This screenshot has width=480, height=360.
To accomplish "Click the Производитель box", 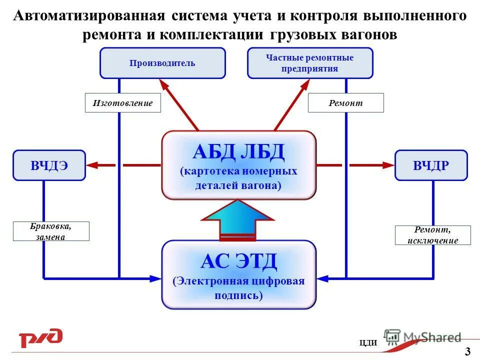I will tap(162, 63).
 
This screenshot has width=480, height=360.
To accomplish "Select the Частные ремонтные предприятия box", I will tap(310, 63).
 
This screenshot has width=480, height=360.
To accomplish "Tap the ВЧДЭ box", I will tap(49, 165).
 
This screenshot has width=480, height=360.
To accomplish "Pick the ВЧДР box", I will tap(431, 165).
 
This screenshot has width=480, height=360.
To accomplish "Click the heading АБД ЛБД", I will tap(238, 151).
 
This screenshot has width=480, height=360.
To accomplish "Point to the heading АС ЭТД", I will tap(238, 260).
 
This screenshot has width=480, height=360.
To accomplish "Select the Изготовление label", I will tap(122, 103).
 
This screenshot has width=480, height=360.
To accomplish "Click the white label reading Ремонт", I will tap(345, 103).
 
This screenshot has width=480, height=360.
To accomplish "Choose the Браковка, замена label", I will tap(51, 231).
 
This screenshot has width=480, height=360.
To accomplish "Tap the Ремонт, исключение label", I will tap(432, 235).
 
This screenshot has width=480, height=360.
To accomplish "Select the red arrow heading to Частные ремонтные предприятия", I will tap(292, 104).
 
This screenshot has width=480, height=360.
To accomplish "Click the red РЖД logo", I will tap(40, 338).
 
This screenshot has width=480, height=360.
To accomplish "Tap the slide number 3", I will tap(467, 351).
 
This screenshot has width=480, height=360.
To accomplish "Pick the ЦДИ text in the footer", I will tap(368, 342).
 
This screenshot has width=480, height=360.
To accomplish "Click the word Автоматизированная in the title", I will tap(89, 16).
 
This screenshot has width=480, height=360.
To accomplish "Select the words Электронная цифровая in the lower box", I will tap(239, 281).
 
